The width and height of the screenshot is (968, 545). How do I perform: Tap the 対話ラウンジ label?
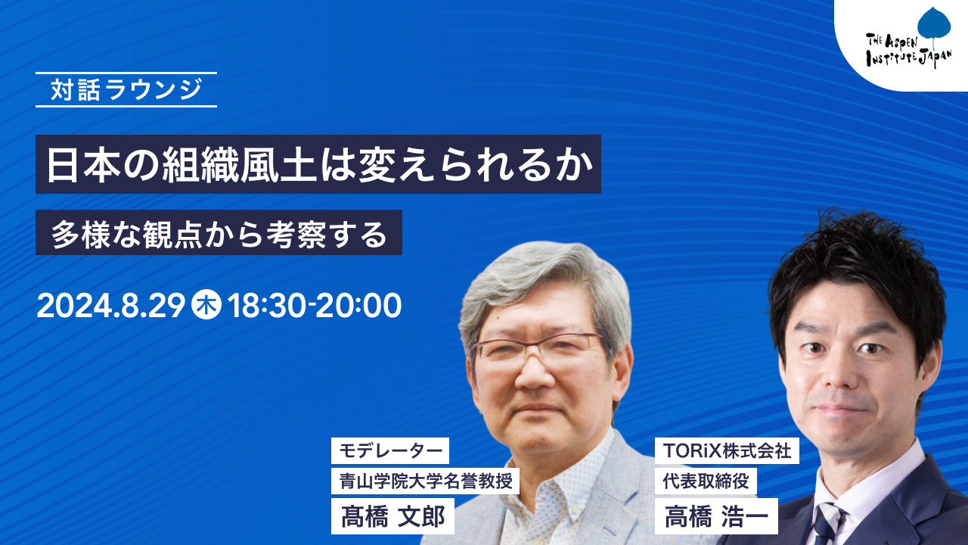pyautogui.click(x=126, y=89)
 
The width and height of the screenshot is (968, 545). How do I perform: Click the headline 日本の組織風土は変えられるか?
pyautogui.click(x=319, y=165)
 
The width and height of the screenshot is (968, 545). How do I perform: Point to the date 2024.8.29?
pyautogui.click(x=111, y=306)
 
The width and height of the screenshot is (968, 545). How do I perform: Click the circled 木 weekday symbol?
pyautogui.click(x=206, y=305)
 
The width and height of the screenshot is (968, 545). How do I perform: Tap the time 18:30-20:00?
pyautogui.click(x=314, y=306)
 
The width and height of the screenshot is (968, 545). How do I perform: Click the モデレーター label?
pyautogui.click(x=390, y=450)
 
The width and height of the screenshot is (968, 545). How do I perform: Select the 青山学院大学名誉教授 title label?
pyautogui.click(x=425, y=481)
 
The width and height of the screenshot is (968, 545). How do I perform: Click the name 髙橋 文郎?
pyautogui.click(x=392, y=516)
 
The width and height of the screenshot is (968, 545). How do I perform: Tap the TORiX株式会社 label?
pyautogui.click(x=727, y=450)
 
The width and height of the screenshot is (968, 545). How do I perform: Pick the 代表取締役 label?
pyautogui.click(x=706, y=481)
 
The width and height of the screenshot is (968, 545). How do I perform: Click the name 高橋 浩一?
pyautogui.click(x=716, y=516)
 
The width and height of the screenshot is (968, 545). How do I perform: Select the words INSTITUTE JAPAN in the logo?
pyautogui.click(x=909, y=58)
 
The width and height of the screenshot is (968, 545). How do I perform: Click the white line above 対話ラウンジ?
pyautogui.click(x=126, y=73)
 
